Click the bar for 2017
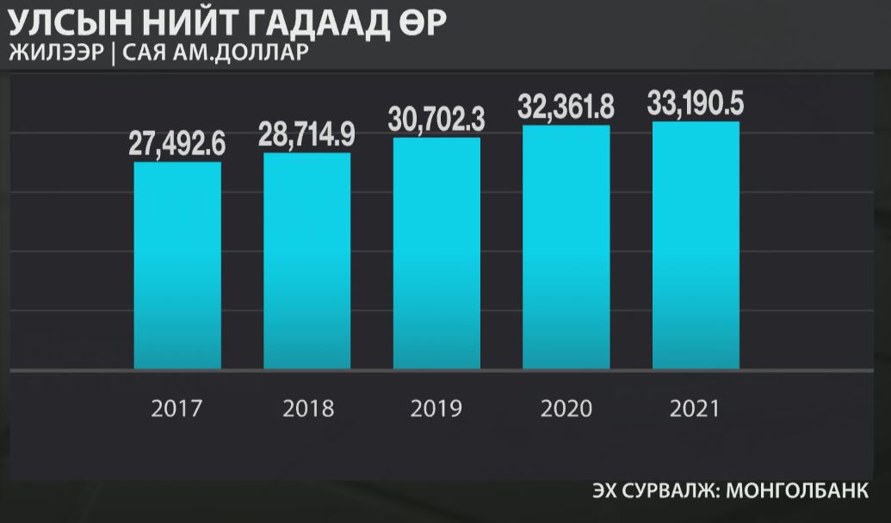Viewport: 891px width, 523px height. tap(177, 265)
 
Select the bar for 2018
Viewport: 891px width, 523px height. tap(307, 261)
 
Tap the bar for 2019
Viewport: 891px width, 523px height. tap(436, 253)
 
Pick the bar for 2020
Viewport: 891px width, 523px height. tap(566, 247)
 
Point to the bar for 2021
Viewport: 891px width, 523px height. tap(696, 246)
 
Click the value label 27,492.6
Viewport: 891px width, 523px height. tap(177, 144)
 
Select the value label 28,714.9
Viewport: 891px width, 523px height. tap(307, 135)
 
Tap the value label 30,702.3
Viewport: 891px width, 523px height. tap(436, 120)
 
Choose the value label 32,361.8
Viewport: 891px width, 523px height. tap(566, 108)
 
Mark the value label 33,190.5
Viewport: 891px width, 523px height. tap(696, 104)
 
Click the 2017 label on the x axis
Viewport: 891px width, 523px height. tap(176, 408)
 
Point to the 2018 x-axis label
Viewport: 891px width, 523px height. tap(307, 408)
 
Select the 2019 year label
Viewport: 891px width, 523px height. tap(436, 408)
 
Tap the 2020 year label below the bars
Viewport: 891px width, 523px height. tap(566, 408)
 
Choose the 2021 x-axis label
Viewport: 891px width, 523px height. tap(696, 408)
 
